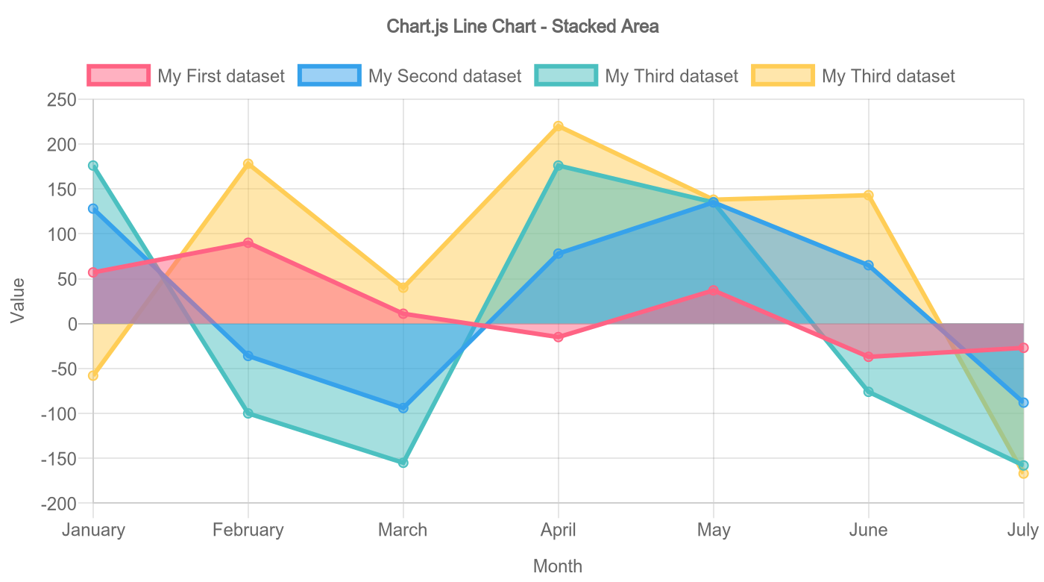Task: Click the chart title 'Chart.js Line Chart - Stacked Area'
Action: pos(522,27)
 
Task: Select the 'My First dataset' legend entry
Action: pos(186,75)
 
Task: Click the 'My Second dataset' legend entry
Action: pos(410,75)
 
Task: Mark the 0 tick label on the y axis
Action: pos(72,324)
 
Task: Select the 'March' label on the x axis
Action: pos(403,530)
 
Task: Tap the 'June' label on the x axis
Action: pos(868,530)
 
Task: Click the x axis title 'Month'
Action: pos(558,566)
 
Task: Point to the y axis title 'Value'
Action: pos(18,300)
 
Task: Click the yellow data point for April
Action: pos(559,126)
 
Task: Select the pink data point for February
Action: pos(248,242)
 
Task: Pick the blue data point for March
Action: pos(403,408)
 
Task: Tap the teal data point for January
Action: pos(93,166)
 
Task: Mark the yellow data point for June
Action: pos(869,195)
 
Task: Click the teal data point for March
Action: pos(403,463)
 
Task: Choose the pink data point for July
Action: pos(1023,348)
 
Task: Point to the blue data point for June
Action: pos(869,266)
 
